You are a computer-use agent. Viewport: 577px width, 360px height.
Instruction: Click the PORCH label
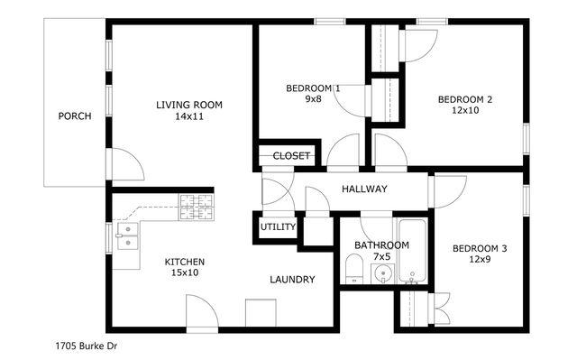click(x=75, y=115)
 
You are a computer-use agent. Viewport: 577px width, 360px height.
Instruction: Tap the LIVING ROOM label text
click(x=189, y=105)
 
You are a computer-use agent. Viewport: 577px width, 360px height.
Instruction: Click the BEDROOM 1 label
click(x=313, y=88)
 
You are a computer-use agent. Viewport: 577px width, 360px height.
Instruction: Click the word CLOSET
click(x=291, y=156)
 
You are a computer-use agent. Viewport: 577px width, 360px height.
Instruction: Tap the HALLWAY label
click(x=364, y=189)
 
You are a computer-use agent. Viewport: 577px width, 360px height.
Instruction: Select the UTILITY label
click(x=278, y=226)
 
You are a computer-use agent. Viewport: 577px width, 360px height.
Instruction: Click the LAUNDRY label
click(x=292, y=280)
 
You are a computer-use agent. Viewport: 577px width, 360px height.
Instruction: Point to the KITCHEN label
click(x=184, y=262)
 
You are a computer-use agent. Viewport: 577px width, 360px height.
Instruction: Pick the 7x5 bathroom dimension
click(x=381, y=257)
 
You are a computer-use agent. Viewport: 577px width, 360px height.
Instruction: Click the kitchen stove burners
click(x=197, y=208)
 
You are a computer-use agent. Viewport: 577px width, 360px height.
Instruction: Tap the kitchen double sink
click(x=127, y=236)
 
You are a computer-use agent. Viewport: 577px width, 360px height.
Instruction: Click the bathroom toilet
click(x=353, y=269)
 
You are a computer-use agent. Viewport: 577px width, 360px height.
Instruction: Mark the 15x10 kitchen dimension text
click(x=184, y=272)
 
